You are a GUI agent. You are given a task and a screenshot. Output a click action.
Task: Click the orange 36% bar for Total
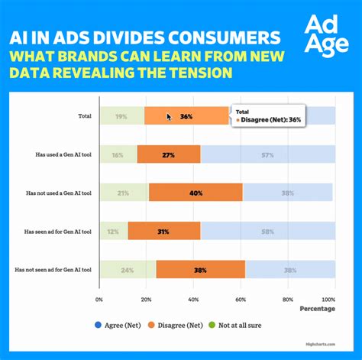tap(186, 116)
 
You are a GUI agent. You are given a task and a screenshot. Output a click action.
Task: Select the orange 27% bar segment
tap(169, 154)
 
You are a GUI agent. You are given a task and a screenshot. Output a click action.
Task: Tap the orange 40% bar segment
tap(196, 193)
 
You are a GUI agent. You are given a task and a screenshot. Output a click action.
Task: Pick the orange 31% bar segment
tap(164, 232)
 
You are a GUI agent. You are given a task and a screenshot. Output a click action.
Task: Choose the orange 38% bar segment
tap(201, 270)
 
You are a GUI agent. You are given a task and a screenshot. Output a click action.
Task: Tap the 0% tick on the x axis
tap(99, 300)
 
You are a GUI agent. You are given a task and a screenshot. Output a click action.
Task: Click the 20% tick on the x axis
tap(147, 300)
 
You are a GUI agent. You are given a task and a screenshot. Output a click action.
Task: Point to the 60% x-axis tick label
tap(241, 300)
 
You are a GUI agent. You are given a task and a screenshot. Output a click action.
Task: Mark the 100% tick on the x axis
tap(328, 300)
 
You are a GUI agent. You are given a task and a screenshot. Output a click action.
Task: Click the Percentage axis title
tap(317, 309)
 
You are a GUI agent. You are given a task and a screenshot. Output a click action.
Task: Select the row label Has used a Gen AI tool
tap(63, 154)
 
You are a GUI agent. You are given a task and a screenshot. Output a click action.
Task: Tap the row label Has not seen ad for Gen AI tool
tap(53, 270)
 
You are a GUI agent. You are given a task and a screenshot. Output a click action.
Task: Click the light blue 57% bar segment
tap(267, 154)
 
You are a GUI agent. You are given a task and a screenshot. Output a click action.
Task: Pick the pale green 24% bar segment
tap(128, 270)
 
